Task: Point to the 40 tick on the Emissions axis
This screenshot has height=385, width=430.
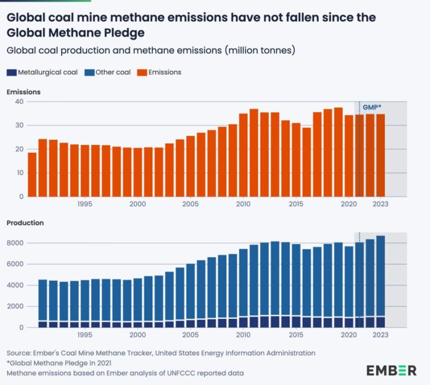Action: (19, 102)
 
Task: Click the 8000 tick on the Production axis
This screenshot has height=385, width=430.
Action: (15, 243)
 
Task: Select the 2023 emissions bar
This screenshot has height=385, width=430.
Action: (380, 155)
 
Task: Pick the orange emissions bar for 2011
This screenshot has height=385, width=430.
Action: (254, 152)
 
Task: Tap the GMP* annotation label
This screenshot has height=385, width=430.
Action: (372, 107)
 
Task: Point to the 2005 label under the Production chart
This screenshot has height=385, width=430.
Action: (190, 335)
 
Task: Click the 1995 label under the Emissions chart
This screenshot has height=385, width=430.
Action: (84, 204)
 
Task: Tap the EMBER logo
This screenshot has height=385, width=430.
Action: (391, 370)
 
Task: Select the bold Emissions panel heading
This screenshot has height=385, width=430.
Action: (23, 92)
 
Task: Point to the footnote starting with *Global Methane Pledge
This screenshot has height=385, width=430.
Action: (60, 363)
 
